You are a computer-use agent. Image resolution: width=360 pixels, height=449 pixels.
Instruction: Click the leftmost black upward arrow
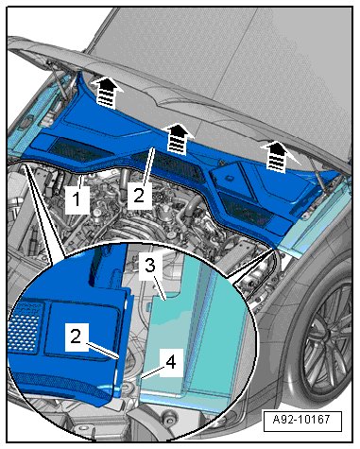click(x=107, y=92)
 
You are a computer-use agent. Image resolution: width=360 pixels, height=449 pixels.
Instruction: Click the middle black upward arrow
click(x=178, y=139)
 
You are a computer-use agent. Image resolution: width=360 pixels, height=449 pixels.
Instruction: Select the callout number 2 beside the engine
click(x=139, y=195)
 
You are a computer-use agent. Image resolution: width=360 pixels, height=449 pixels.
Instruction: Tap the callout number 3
click(x=150, y=267)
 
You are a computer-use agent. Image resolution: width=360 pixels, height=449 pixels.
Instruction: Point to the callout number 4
click(x=171, y=362)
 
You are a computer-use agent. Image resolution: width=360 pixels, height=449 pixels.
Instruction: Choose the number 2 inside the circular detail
click(x=77, y=337)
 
